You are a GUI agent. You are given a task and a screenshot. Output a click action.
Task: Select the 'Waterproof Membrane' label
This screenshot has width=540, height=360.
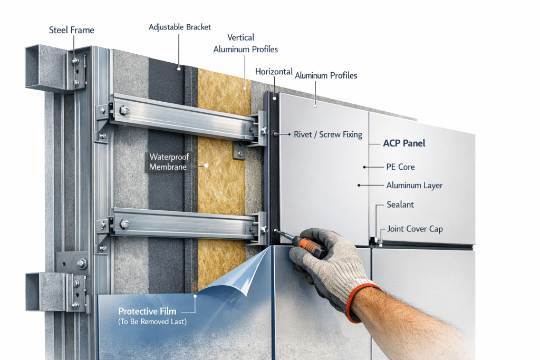pos(169,161)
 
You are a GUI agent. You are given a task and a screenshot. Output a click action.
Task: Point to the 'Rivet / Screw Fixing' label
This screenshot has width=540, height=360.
pos(328,134)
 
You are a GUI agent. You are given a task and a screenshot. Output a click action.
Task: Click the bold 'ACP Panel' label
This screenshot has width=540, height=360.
pos(404,143)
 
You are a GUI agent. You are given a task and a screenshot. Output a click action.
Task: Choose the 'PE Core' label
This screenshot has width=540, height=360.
pos(400,167)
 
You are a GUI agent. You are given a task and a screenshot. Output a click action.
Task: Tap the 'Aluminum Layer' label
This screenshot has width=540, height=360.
pos(414,186)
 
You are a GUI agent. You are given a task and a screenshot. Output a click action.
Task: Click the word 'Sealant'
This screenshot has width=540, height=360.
pos(400,205)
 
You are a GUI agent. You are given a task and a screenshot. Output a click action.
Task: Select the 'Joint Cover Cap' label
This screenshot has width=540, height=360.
pos(415,229)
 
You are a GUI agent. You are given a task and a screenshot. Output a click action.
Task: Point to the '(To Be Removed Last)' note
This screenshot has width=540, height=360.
pos(152,322)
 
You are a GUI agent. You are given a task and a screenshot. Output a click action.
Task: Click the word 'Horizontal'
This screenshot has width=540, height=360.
pos(274,71)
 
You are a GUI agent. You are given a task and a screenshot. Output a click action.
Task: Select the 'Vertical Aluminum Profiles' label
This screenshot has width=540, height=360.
pos(245,43)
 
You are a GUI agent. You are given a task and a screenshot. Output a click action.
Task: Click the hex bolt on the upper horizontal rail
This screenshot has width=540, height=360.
pos(124,111)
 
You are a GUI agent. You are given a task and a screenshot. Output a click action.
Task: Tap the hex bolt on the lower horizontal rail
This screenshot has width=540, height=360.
pos(124,224)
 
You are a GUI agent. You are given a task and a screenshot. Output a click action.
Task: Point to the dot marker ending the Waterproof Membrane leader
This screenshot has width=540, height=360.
pos(207,165)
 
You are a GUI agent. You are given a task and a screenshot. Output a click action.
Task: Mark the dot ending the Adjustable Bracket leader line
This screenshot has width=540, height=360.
pos(179,67)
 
